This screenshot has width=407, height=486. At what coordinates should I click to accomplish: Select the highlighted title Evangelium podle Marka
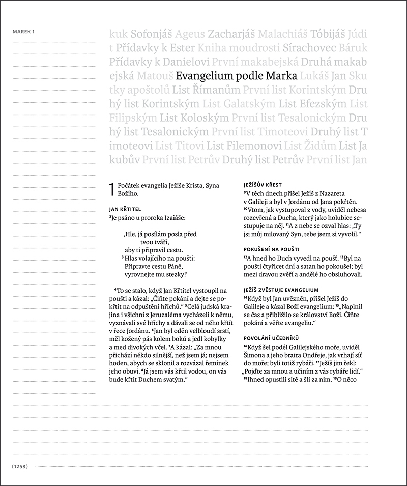click(x=236, y=77)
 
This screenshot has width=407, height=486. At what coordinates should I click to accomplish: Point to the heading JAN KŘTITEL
click(x=125, y=209)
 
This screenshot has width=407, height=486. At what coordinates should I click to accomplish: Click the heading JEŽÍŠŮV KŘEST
click(x=263, y=184)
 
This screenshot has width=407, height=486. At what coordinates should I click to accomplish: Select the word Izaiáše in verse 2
click(x=173, y=218)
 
